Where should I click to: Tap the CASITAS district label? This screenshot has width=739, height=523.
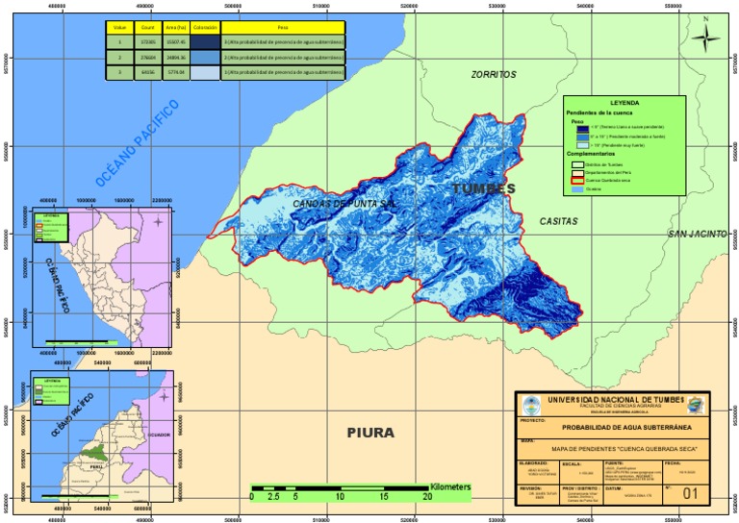click(x=558, y=221)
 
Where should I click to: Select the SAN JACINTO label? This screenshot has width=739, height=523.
click(x=698, y=235)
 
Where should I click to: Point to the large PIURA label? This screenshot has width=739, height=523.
click(x=370, y=433)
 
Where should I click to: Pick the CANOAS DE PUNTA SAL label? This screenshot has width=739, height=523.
click(x=344, y=204)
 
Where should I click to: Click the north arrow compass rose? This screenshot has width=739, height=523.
click(x=706, y=36)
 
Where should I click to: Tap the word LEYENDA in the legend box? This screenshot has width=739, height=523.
click(x=624, y=102)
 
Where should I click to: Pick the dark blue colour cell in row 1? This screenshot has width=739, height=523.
click(x=204, y=43)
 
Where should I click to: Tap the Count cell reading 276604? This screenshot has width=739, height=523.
click(x=147, y=58)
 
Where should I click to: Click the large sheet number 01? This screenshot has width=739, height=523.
click(x=688, y=493)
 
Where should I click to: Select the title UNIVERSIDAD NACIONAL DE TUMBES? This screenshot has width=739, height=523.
click(x=613, y=399)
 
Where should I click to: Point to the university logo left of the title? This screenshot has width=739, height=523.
click(x=528, y=404)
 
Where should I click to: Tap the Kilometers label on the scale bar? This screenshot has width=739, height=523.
click(x=450, y=487)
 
